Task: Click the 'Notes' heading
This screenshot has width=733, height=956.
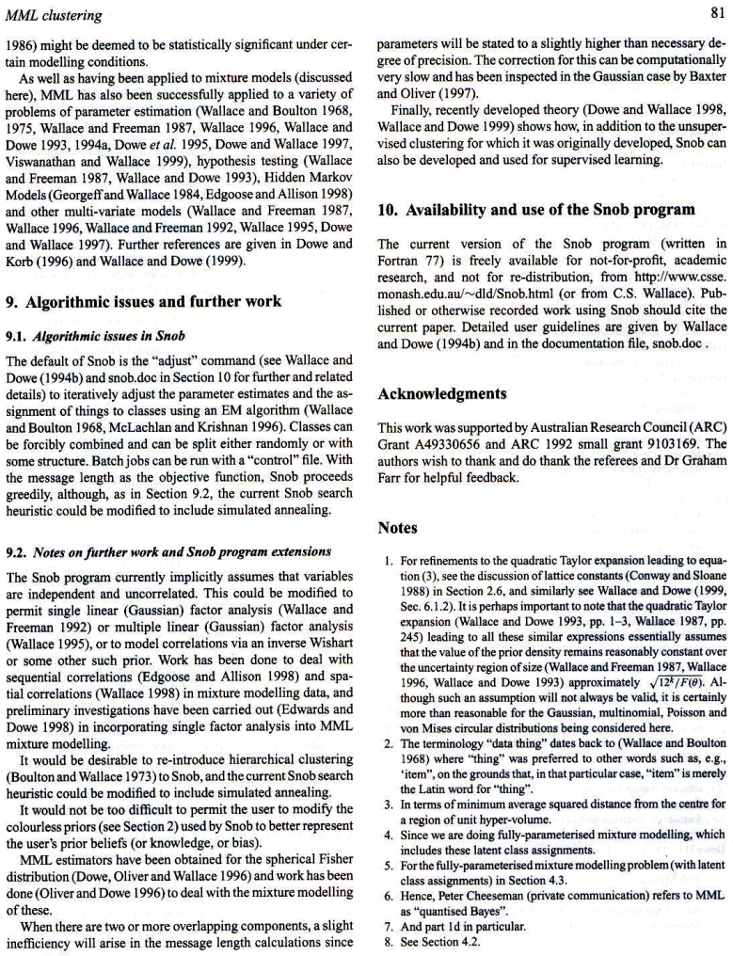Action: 397,528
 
